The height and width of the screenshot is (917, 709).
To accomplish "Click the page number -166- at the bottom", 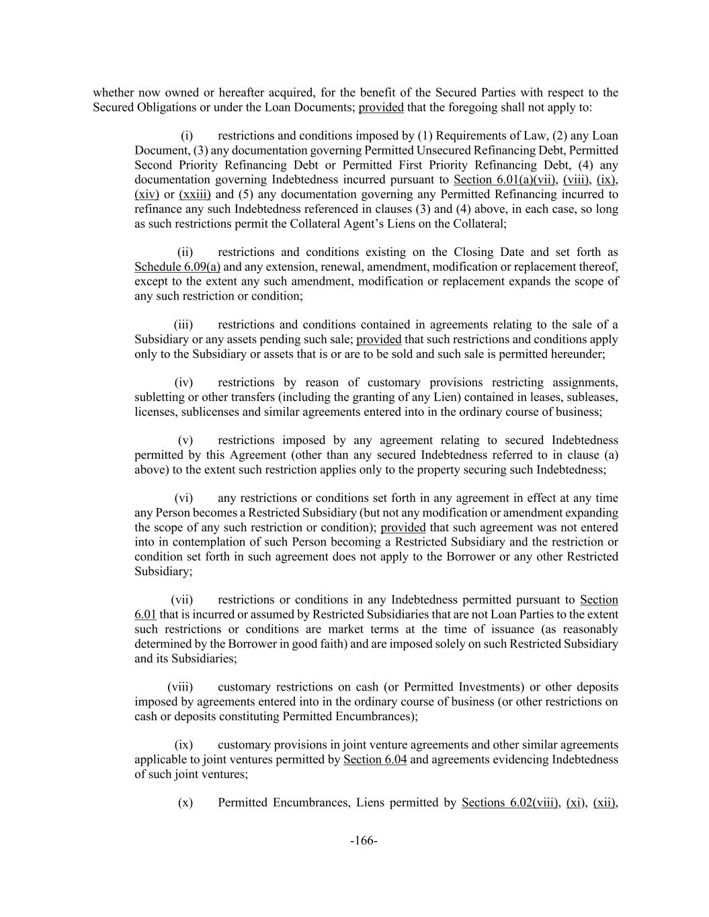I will point(364,840).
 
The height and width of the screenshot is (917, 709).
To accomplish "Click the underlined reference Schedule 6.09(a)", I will point(177,267).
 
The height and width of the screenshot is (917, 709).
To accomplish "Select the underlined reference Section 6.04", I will point(374,760).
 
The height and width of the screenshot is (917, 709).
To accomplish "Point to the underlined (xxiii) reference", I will point(195,194).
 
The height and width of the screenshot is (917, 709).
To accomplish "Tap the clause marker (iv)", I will point(183,382).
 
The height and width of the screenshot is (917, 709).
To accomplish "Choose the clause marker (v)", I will point(185,440).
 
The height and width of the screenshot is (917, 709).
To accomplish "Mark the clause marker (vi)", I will point(183,498).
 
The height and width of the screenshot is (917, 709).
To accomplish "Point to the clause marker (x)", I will point(185,802).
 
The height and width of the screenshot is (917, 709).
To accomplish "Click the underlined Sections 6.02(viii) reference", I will point(510,802).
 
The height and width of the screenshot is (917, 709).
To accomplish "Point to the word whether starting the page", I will point(113,92).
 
